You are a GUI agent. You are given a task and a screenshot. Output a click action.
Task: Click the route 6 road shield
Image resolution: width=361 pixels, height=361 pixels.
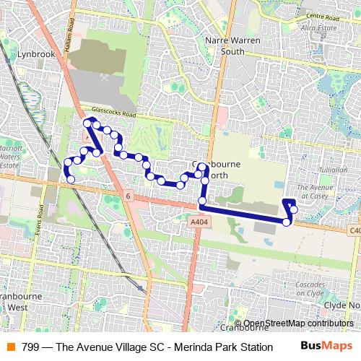[127, 196]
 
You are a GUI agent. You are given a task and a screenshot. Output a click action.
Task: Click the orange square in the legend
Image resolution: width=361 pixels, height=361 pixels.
[10, 347]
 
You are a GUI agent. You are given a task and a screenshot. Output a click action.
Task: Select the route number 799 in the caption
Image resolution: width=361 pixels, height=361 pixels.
[30, 347]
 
